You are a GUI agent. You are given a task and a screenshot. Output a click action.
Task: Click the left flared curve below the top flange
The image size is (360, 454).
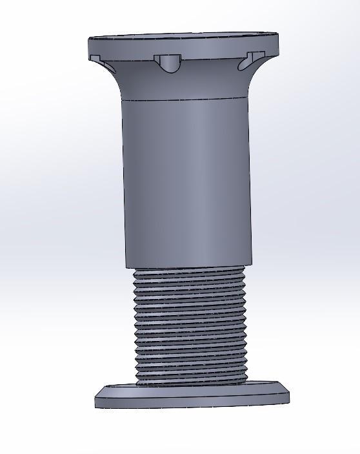click(x=116, y=81)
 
